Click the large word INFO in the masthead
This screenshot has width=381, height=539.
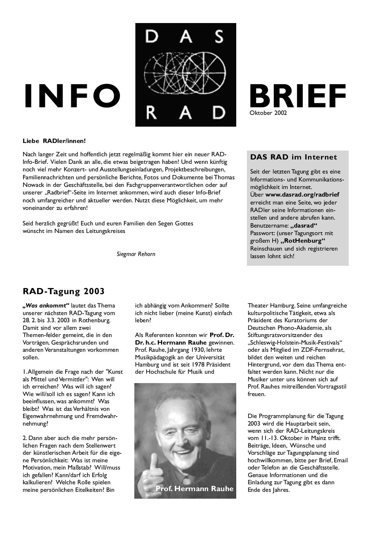point(72,96)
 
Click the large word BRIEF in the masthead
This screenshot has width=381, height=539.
point(297,96)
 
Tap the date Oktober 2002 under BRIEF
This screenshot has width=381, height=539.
point(268,113)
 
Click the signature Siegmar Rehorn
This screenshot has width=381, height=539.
point(136,254)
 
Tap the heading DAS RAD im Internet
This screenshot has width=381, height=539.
point(293,157)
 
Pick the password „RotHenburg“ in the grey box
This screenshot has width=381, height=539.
point(302,241)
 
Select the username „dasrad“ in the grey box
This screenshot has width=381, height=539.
point(304,225)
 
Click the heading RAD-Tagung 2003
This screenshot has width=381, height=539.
point(63,291)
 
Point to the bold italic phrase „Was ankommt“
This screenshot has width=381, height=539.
point(46,306)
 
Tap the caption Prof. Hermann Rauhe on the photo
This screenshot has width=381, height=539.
point(194,489)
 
